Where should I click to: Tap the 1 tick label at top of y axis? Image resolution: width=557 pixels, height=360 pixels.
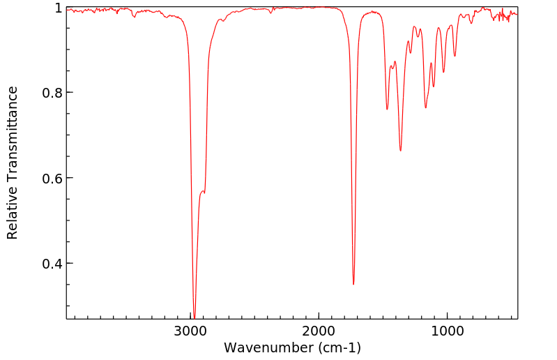click(x=59, y=8)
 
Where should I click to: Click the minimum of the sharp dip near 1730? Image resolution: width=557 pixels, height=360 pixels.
click(x=353, y=284)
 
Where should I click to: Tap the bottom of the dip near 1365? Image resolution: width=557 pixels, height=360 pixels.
click(x=400, y=151)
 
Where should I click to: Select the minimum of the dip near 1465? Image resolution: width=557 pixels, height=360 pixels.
click(x=387, y=110)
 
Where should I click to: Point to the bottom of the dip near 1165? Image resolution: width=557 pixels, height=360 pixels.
click(x=425, y=107)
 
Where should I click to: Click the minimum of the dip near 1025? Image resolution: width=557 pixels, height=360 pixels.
click(x=443, y=72)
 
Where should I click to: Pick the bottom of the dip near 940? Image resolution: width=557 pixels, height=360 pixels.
click(x=455, y=56)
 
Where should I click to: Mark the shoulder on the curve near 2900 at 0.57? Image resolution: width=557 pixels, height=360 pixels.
click(x=203, y=191)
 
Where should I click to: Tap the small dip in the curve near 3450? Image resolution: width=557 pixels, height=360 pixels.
click(x=133, y=15)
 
